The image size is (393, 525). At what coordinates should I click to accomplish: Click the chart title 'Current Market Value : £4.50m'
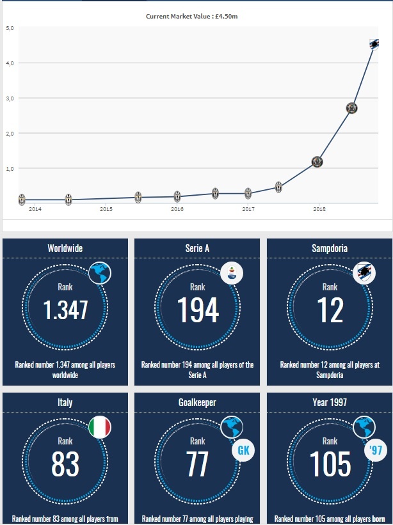point(196,15)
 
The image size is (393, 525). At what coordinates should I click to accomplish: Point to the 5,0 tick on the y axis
point(11,28)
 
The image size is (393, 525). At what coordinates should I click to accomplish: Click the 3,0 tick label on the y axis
point(11,98)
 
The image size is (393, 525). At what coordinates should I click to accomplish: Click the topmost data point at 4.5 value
point(376,44)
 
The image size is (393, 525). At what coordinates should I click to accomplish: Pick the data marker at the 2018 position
point(317,162)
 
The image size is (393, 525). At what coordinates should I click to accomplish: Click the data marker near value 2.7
point(351,108)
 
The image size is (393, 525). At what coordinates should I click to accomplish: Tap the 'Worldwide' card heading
point(65,248)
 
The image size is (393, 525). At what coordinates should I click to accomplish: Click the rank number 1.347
point(65,311)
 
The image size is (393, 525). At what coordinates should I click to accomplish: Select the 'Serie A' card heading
point(197,248)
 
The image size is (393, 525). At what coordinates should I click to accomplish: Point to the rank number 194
point(197,311)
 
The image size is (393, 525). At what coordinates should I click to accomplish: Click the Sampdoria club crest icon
point(364,273)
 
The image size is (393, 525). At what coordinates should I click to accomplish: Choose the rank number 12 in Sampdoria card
point(330,311)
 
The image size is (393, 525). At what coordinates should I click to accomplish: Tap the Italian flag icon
point(99,427)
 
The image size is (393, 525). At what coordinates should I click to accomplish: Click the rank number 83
point(65,464)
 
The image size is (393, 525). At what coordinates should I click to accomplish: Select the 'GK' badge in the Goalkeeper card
point(243,450)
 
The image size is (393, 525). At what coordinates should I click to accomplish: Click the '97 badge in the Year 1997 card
point(376,450)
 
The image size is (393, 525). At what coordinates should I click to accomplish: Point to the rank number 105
point(330,464)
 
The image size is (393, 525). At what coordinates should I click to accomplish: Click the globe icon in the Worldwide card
point(99,273)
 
